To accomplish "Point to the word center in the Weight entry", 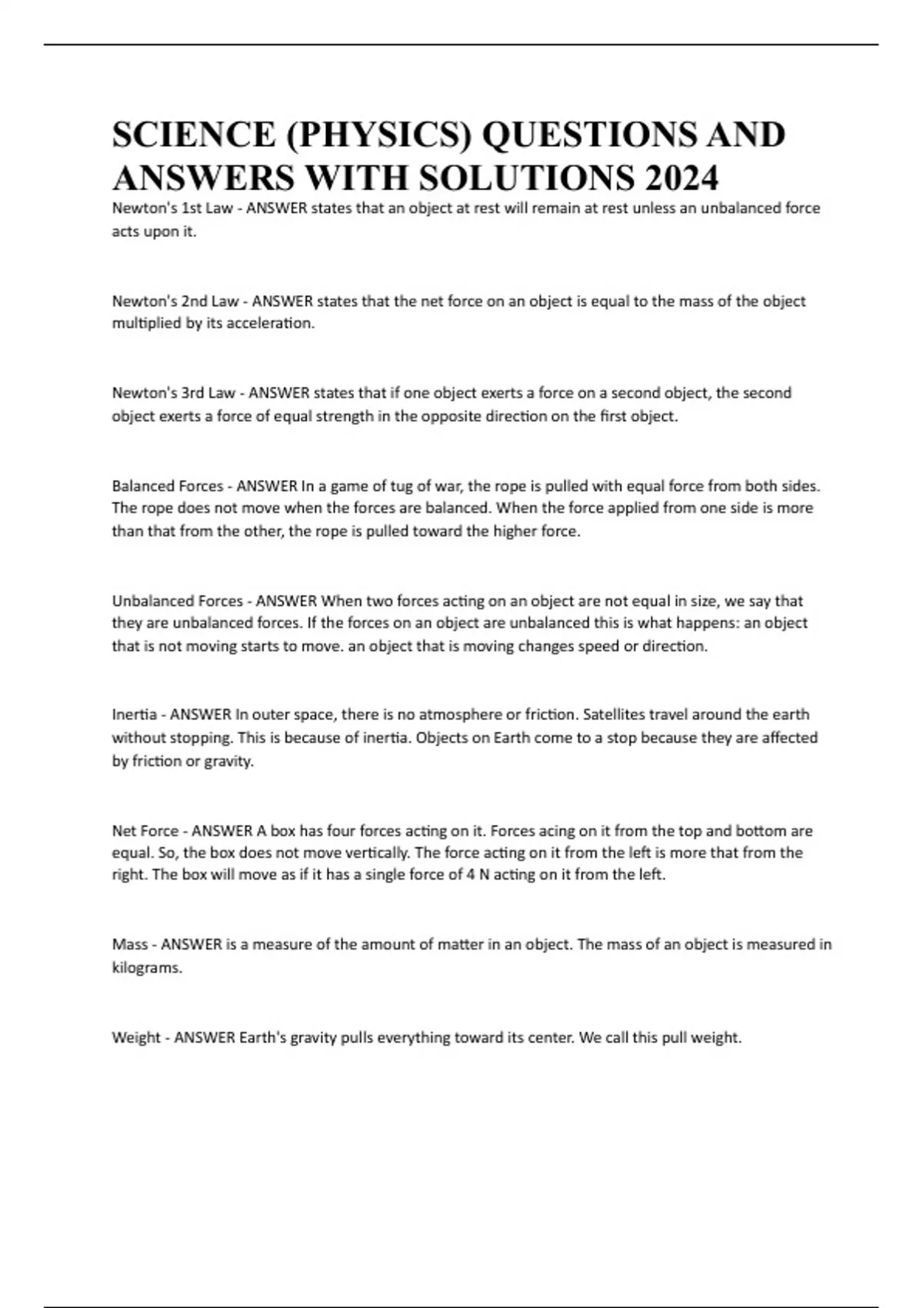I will point(550,1037).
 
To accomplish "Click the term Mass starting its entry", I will point(129,944).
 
